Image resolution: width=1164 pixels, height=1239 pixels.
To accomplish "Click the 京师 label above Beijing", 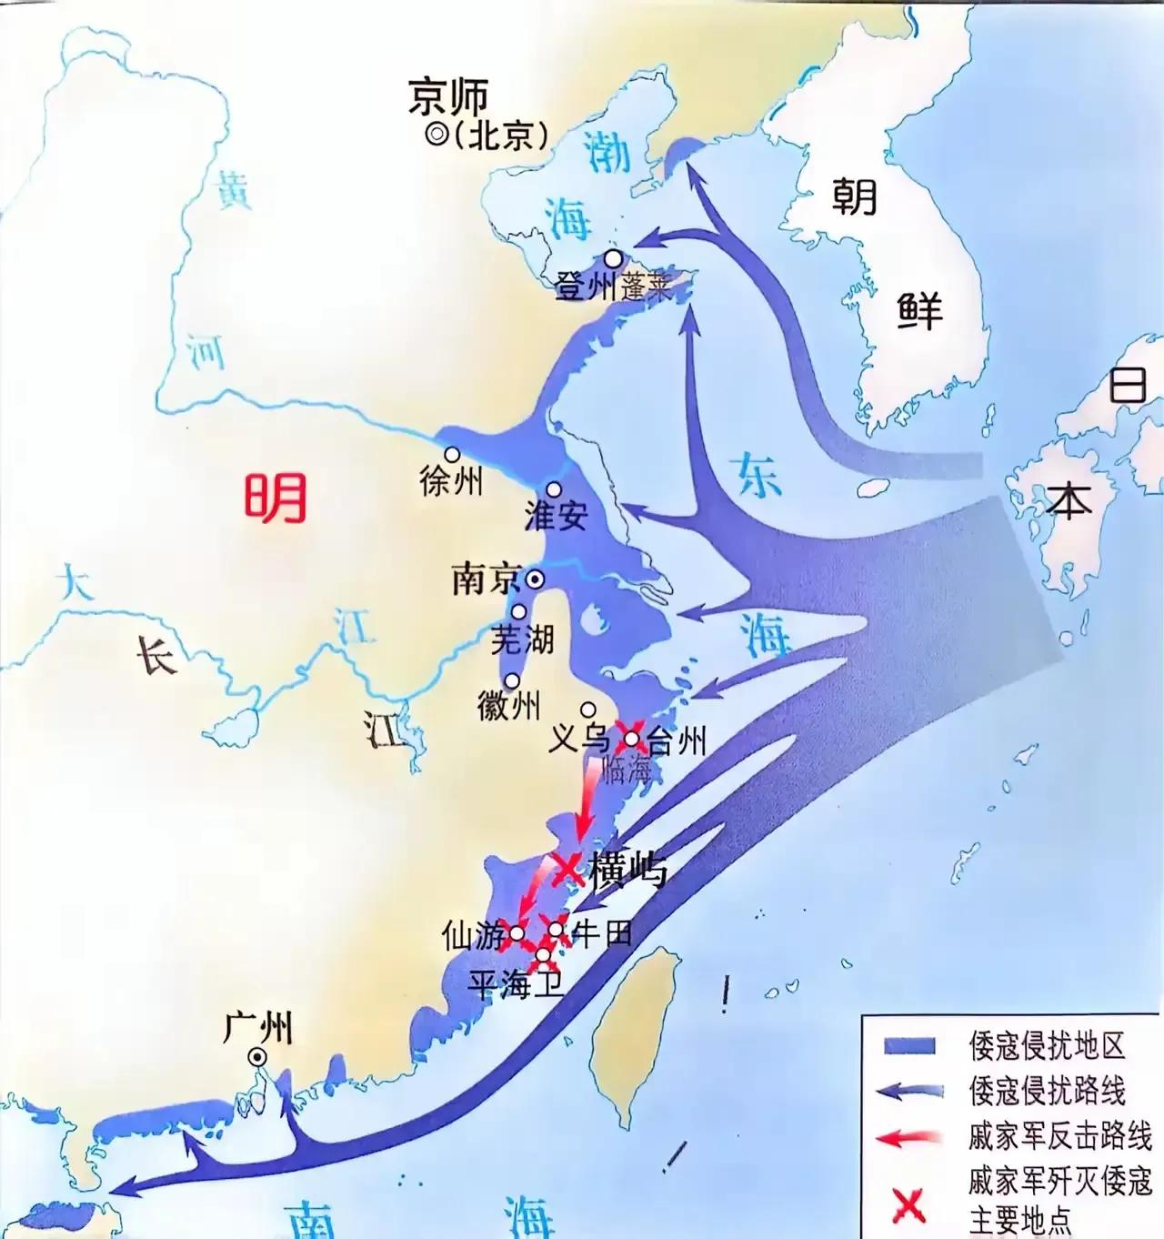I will [448, 96].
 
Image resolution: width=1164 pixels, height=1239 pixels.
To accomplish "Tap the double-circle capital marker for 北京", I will [436, 135].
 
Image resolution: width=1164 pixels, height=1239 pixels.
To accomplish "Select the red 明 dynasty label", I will [275, 499].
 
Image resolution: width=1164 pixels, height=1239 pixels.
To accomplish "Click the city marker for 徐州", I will [451, 454].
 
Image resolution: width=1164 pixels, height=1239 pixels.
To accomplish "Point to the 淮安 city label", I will [557, 516].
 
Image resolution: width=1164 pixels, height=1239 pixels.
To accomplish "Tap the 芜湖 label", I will [522, 640].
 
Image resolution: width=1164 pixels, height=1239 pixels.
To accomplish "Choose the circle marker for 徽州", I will [513, 680].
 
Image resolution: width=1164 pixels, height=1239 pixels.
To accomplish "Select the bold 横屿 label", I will [627, 870].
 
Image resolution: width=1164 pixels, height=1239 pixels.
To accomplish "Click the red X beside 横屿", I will [567, 868].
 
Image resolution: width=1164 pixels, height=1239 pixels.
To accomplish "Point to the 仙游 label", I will [473, 935].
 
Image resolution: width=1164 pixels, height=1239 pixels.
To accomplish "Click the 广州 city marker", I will [258, 1056].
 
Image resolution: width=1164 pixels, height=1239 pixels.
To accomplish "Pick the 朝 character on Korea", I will [854, 196].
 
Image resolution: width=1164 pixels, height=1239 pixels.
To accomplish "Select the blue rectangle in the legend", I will [909, 1045].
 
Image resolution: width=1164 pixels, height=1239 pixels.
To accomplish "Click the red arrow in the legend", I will [909, 1136].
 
